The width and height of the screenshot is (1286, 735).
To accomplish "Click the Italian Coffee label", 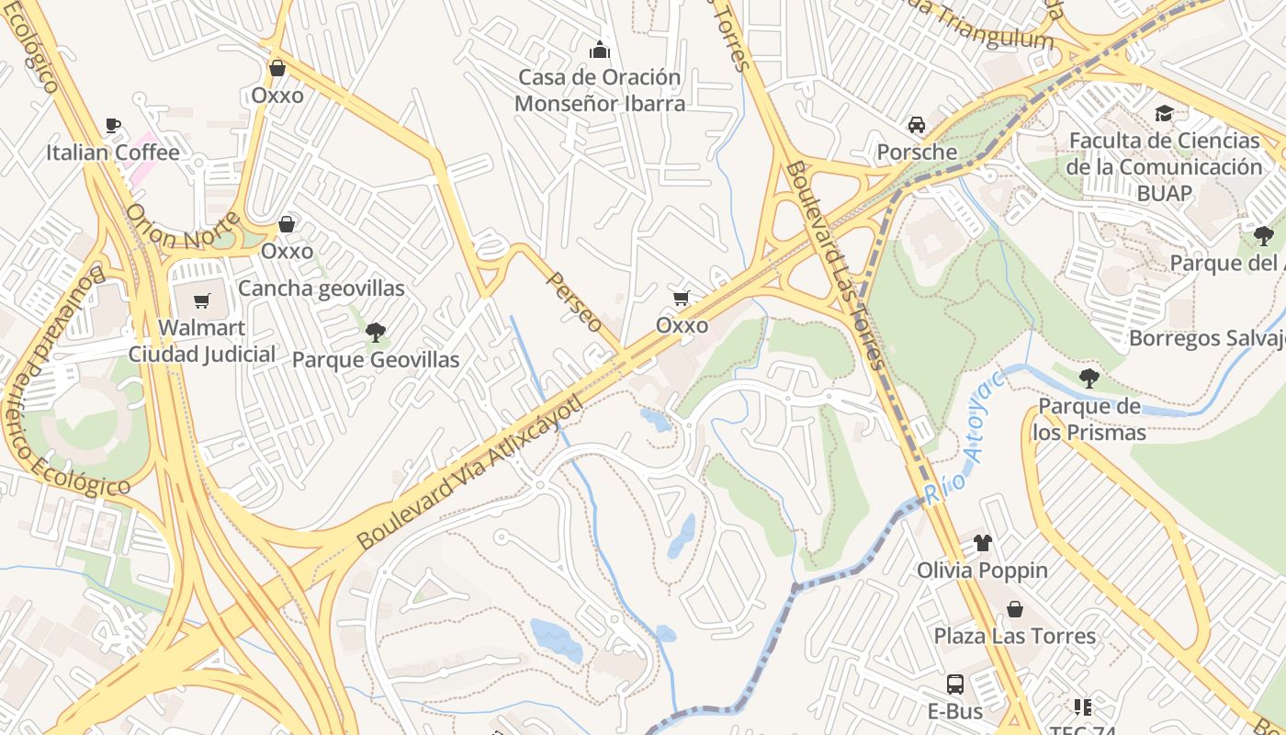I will (113, 152).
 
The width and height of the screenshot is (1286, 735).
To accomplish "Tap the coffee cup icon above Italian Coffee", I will (113, 126).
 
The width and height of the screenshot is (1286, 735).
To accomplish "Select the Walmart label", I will (202, 327).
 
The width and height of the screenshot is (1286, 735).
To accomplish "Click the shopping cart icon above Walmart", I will (202, 301).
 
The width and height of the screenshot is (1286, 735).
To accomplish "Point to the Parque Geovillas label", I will (376, 359).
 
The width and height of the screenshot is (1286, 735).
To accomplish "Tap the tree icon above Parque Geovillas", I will (376, 333).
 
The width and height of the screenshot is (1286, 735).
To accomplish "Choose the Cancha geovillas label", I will (321, 288).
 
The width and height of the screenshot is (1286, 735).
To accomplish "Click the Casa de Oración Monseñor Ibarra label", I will (600, 90).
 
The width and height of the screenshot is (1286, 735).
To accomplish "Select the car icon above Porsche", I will (916, 125).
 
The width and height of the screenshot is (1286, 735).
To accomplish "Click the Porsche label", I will (917, 152).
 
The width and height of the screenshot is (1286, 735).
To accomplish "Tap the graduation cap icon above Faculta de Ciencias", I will (1165, 114).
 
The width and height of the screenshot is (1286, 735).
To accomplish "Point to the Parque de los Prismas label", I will (1089, 419).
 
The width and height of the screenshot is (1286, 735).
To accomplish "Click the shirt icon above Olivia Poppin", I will (982, 543).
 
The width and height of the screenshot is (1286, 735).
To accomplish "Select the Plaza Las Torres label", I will (1015, 636).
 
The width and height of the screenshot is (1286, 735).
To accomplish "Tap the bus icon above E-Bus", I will (955, 684).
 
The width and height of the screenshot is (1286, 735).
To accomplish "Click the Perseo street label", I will (575, 301).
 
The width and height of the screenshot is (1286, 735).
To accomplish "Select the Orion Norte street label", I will (183, 231).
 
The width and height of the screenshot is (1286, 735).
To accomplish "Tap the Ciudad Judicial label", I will (202, 354).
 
